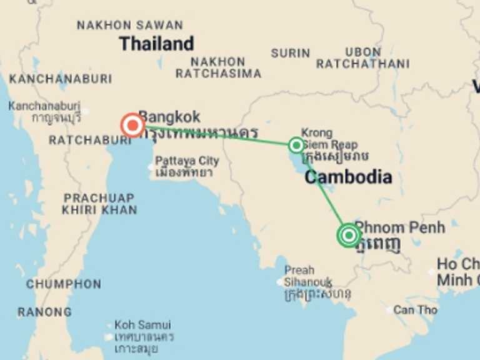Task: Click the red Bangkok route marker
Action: point(132,126)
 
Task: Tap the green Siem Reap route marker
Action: point(296,145)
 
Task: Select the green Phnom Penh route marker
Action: point(349,235)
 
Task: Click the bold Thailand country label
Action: point(156,44)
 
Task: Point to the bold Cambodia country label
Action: point(348,177)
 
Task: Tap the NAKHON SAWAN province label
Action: point(130,26)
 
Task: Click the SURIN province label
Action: point(291,53)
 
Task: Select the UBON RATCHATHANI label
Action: point(363,58)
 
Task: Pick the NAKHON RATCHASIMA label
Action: point(218,67)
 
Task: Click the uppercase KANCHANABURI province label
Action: point(61,79)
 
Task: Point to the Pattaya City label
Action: point(187,161)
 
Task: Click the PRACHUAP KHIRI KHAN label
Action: point(99,204)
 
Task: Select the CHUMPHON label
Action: point(63,284)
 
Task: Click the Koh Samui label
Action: point(142,325)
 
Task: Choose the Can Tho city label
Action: point(416,310)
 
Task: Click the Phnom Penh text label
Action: point(400,227)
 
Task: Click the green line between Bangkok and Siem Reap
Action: point(219,136)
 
